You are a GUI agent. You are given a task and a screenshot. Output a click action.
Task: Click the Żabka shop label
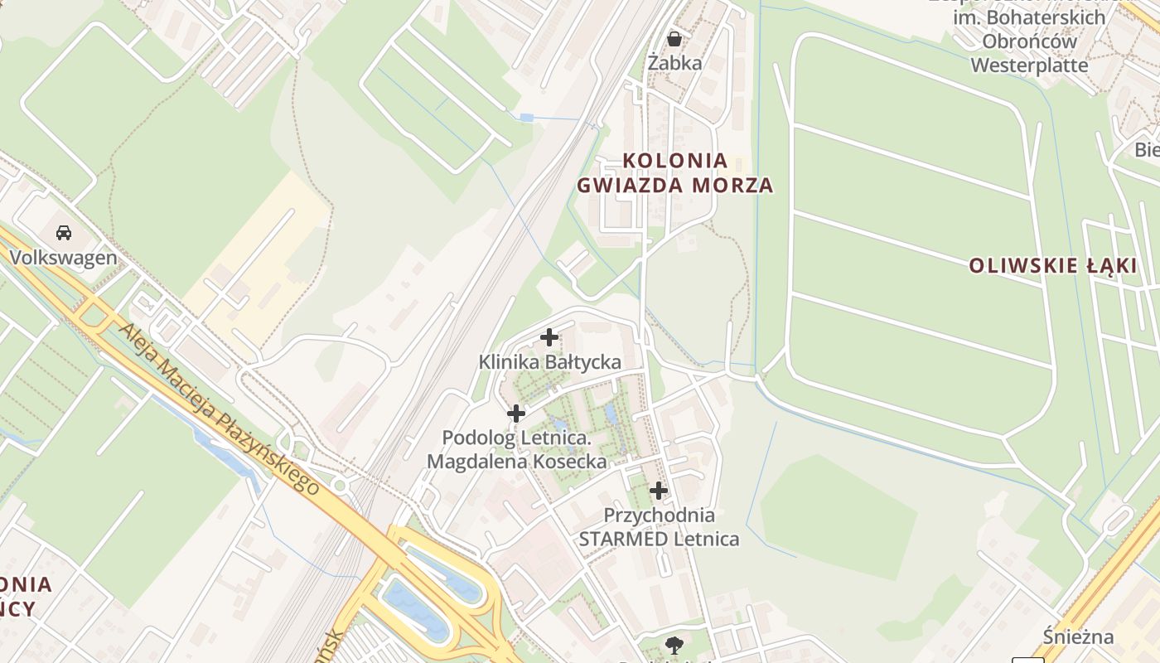tap(674, 63)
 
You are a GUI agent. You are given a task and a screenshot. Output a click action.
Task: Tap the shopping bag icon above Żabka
tap(674, 39)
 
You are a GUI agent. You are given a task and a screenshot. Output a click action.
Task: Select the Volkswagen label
tap(64, 258)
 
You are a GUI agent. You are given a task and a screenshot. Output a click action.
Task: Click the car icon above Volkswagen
tap(64, 233)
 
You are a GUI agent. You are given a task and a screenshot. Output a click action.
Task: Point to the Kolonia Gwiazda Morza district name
tap(675, 172)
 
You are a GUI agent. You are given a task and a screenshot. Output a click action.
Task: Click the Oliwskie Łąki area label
tap(1053, 266)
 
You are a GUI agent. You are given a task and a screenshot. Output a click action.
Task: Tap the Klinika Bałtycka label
tap(549, 362)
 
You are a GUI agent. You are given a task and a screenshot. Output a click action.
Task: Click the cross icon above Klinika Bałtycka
tap(549, 337)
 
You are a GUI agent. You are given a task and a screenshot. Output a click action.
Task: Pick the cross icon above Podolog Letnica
tap(516, 413)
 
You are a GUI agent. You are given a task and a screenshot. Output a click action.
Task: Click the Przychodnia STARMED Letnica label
tap(659, 527)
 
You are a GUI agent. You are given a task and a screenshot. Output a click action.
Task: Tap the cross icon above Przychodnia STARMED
tap(659, 491)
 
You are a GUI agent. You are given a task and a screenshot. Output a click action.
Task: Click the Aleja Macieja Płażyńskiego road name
tap(219, 409)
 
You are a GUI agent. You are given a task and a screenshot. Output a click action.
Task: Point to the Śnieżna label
tap(1078, 637)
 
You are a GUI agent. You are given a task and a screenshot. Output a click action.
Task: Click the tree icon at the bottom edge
tap(674, 645)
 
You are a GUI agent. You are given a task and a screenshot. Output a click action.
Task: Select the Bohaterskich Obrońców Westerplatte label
tap(1029, 41)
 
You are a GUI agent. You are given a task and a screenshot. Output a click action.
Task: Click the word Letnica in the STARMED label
tap(707, 540)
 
